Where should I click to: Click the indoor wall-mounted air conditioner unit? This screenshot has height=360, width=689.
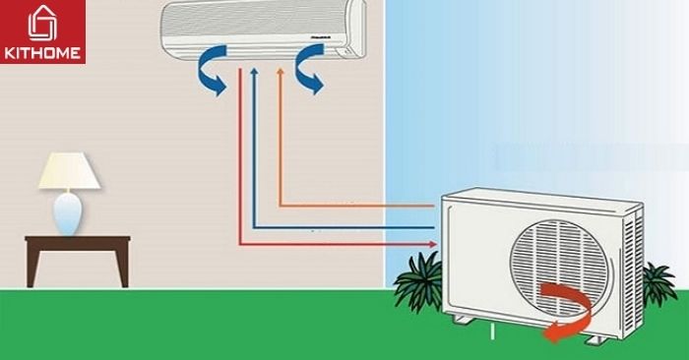pyautogui.click(x=263, y=28)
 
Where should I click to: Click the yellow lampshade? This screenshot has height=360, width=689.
pyautogui.click(x=69, y=173)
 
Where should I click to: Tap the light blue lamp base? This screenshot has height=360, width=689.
pyautogui.click(x=68, y=213)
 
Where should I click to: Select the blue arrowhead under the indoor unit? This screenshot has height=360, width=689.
pyautogui.click(x=255, y=72)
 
